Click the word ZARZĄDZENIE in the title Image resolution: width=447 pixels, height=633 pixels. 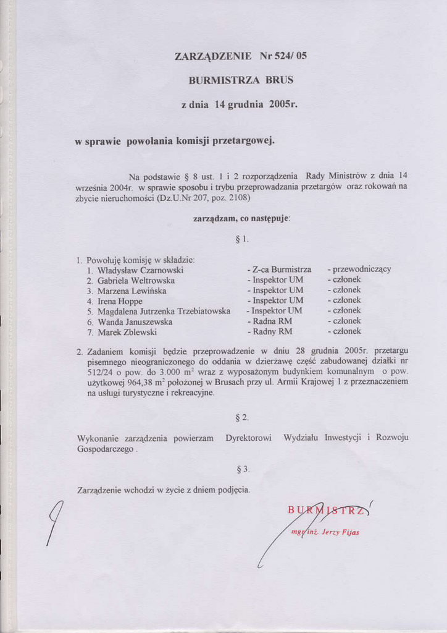click(213, 56)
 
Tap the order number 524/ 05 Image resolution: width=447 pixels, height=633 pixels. click(292, 56)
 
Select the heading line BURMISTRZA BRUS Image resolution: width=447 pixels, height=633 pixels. click(241, 80)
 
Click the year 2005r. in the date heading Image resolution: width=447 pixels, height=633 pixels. click(283, 104)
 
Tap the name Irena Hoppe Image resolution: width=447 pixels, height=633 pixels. click(120, 301)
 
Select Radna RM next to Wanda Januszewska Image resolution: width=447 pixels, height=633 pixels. click(272, 321)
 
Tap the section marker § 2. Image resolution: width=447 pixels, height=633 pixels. click(242, 417)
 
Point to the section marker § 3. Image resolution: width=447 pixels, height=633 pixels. click(242, 469)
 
